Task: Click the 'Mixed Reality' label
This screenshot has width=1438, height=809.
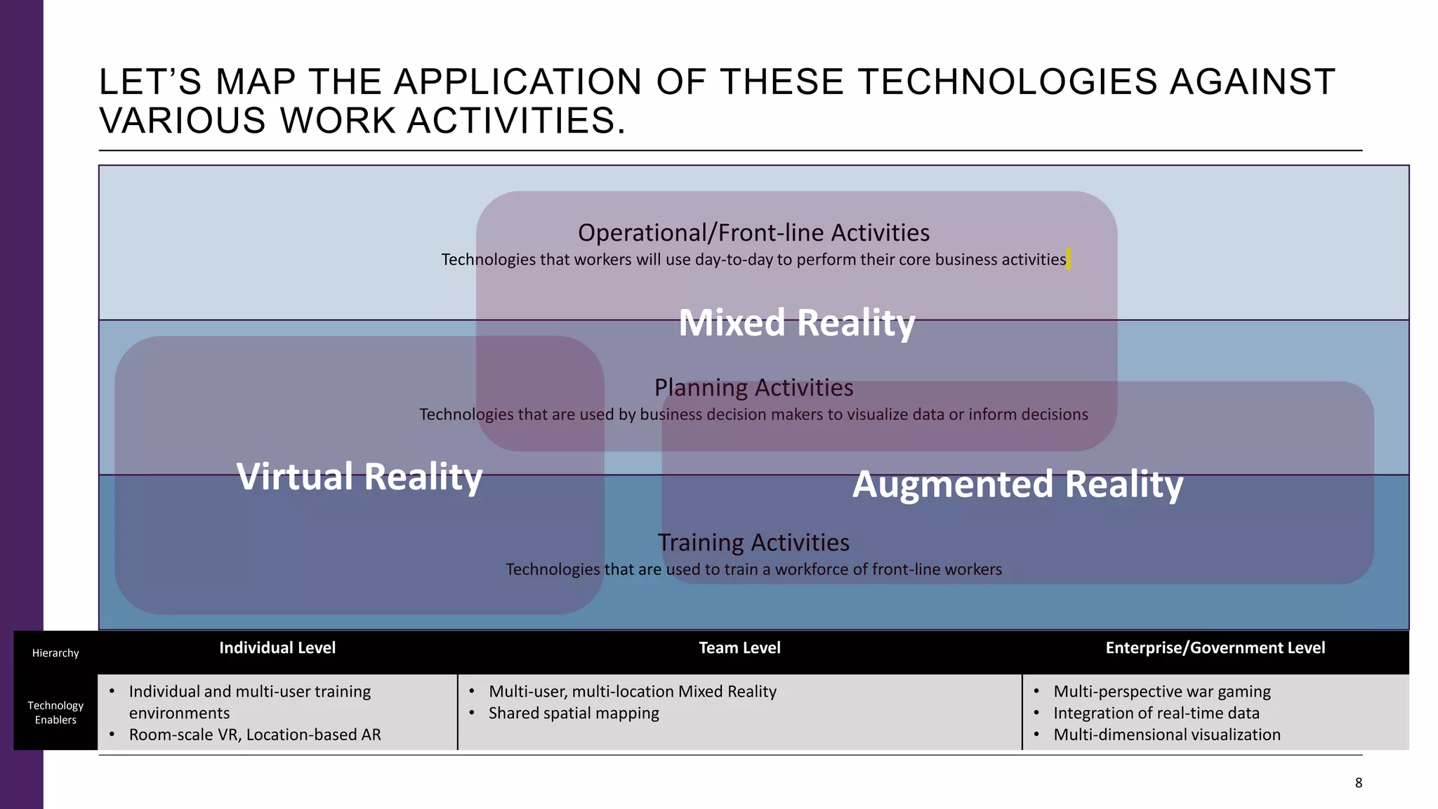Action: point(796,323)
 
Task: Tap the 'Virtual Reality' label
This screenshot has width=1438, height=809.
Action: point(359,477)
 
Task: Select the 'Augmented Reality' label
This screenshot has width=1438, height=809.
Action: point(1017,485)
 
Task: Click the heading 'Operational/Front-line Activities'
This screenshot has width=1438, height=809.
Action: point(753,232)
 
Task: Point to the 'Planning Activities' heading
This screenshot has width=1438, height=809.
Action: point(753,388)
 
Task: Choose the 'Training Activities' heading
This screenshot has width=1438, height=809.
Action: point(753,543)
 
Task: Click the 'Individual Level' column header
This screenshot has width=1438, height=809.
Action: point(277,648)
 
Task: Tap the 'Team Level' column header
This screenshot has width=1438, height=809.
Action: point(739,648)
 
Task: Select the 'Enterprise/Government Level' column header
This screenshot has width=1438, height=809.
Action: point(1215,648)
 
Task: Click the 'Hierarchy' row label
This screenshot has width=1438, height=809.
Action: point(55,653)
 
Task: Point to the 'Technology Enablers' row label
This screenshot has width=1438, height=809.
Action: point(55,713)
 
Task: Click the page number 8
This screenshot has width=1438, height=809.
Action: point(1359,783)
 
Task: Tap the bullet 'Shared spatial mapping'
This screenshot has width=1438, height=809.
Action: point(574,713)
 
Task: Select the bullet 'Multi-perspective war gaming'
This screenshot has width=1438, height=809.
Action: point(1162,692)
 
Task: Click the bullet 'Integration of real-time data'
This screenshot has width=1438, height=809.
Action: point(1156,713)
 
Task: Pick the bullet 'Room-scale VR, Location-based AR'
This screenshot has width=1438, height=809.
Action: point(255,735)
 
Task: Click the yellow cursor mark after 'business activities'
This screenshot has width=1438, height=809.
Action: point(1069,258)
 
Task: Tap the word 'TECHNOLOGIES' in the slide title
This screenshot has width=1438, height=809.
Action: point(1008,82)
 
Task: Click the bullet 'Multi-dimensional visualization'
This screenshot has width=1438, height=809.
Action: point(1167,735)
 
